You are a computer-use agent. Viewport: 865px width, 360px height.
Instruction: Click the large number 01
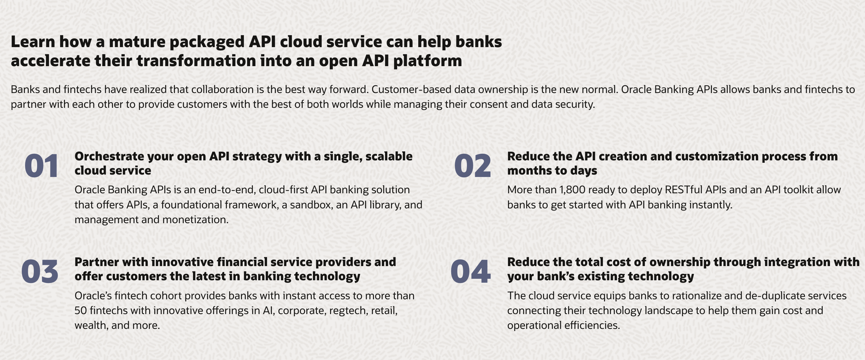42,166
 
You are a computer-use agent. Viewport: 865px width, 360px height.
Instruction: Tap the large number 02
472,166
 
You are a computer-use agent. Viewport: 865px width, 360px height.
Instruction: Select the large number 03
40,271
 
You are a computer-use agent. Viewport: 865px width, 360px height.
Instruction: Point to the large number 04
471,271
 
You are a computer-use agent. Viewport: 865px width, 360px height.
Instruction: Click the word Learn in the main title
33,42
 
